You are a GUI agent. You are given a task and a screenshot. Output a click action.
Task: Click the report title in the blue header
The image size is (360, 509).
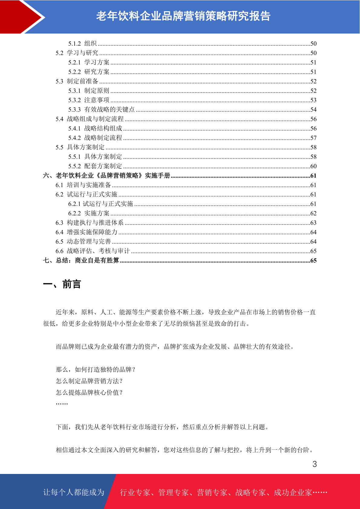coord(183,16)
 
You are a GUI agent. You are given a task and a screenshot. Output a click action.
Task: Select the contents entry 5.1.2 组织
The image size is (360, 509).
coord(82,44)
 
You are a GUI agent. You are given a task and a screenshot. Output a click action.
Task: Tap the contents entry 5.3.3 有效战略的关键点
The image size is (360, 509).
coord(101,109)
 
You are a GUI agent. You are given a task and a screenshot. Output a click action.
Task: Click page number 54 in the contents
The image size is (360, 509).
coord(313,110)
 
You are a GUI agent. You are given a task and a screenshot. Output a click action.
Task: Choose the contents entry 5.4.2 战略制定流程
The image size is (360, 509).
coord(95,138)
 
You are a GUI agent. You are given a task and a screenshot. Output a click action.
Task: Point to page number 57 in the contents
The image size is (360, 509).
coord(313,138)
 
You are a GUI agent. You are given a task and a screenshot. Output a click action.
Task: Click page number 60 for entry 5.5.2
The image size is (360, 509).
coord(313,166)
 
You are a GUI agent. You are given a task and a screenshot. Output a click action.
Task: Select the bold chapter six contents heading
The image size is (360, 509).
coord(107,176)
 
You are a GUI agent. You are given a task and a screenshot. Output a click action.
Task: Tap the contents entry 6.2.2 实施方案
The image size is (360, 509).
coord(89,213)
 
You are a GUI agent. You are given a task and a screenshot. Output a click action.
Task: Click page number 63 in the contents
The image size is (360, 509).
coord(313,223)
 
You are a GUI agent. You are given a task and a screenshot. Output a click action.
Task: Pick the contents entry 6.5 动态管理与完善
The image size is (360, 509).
coord(83,242)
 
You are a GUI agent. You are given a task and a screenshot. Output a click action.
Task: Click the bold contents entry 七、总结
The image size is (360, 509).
coord(81,261)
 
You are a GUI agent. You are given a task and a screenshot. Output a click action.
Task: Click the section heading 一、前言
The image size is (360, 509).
coord(62,284)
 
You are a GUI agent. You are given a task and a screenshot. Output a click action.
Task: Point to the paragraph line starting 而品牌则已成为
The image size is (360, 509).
coord(175,347)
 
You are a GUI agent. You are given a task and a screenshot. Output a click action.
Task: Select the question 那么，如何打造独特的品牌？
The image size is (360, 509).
coord(96,370)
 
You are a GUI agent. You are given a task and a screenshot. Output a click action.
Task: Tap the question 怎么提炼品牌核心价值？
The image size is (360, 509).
coord(89,393)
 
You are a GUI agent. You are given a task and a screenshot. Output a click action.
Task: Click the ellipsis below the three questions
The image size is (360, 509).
coord(62,404)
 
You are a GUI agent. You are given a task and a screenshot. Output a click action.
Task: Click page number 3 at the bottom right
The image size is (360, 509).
coord(315,464)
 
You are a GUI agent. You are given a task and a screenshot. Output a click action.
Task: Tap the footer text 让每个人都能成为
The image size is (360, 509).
coord(74,492)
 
